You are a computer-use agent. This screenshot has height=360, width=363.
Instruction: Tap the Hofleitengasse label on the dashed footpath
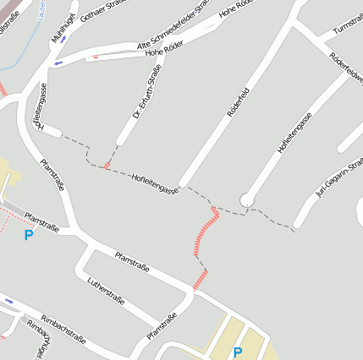pyautogui.click(x=155, y=183)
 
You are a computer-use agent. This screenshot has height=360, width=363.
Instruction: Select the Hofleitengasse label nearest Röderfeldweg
pyautogui.click(x=294, y=134)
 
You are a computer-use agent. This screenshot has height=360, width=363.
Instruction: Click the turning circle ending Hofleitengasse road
pyautogui.click(x=246, y=199)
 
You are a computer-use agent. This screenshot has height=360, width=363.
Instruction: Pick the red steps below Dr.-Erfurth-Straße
pyautogui.click(x=106, y=164)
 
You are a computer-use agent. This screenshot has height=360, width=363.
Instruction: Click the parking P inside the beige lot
pyautogui.click(x=238, y=352)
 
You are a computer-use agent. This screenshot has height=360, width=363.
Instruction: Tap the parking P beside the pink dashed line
pyautogui.click(x=29, y=235)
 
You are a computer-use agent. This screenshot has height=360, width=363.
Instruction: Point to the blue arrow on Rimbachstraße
pyautogui.click(x=9, y=300)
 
